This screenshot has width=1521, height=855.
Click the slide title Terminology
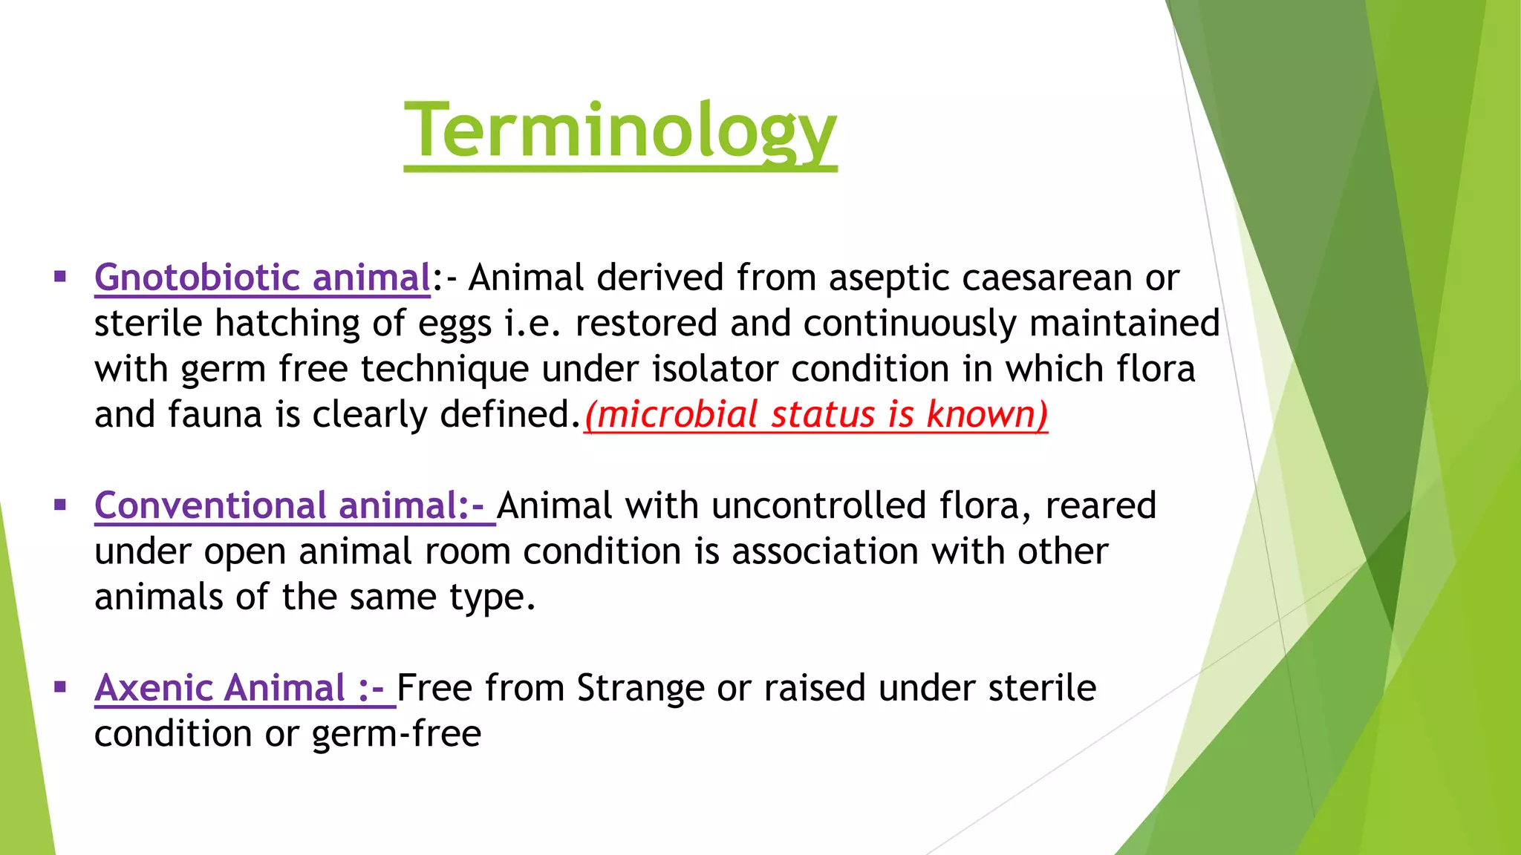point(620,131)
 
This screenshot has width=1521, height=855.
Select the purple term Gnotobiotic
point(197,278)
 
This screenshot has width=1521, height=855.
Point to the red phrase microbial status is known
point(815,414)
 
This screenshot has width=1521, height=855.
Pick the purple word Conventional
point(210,506)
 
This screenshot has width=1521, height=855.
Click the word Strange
point(639,688)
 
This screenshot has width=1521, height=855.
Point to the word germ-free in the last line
point(397,734)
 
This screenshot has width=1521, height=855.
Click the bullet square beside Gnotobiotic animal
point(60,278)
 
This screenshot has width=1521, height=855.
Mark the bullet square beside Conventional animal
point(60,506)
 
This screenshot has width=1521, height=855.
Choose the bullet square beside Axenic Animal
point(60,688)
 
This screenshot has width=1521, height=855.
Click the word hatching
point(287,324)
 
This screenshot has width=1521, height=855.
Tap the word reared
point(1101,506)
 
